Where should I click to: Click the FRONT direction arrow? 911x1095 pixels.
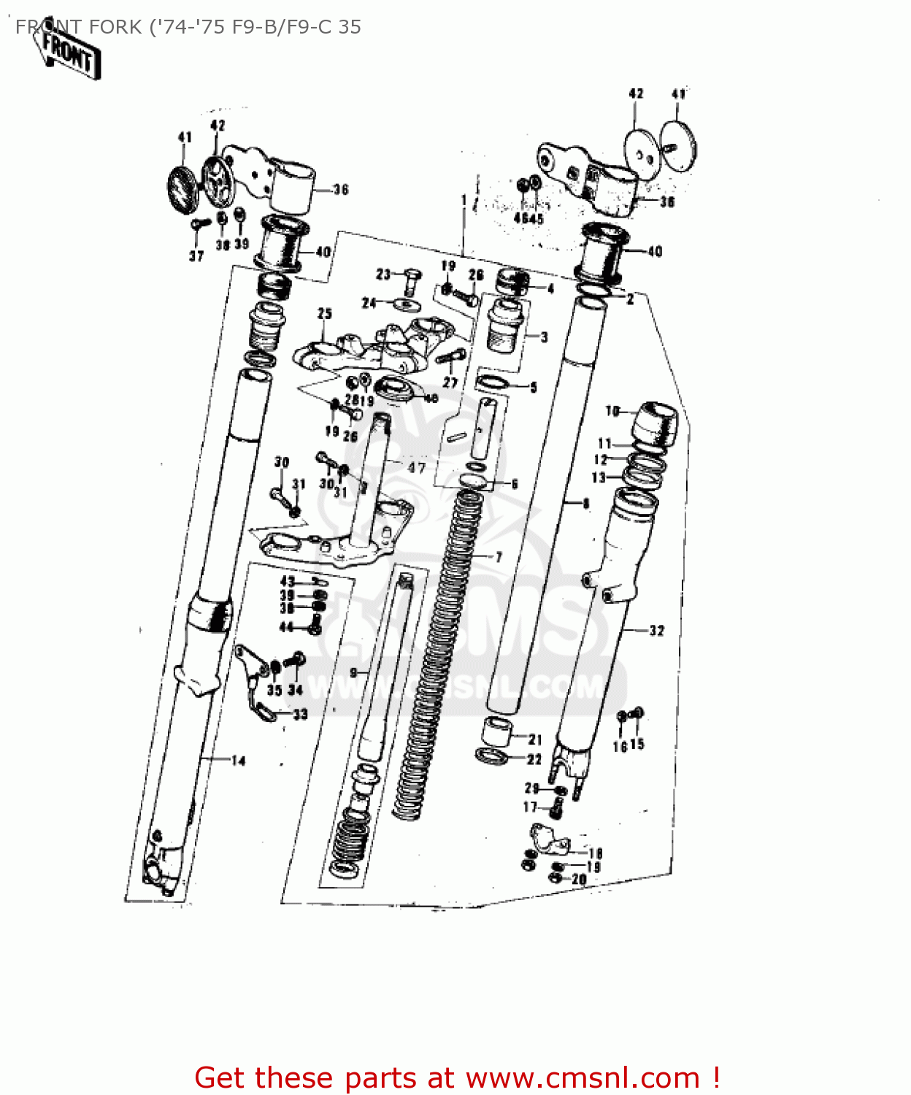coord(69,53)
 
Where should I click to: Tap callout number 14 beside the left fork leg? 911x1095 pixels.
coord(238,761)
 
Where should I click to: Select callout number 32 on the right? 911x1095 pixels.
coord(657,630)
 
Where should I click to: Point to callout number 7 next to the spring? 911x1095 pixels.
coord(499,557)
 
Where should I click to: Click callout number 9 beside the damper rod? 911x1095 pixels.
coord(354,672)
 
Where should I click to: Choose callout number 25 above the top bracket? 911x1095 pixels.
coord(325,313)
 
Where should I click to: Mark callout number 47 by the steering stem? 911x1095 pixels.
coord(416,467)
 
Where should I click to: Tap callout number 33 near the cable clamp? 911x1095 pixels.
coord(300,714)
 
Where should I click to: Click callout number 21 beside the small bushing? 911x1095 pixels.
coord(535,739)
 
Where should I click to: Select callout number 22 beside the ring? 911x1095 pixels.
coord(534,759)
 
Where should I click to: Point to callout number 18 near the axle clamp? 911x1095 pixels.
coord(596,853)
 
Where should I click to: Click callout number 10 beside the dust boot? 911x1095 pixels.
coord(612,411)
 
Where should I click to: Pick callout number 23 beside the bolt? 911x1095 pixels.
coord(383,274)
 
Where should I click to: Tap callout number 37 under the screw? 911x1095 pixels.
coord(196,255)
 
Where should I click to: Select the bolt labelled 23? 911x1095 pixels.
coord(411,280)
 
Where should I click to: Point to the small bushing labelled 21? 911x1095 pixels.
coord(496,731)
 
